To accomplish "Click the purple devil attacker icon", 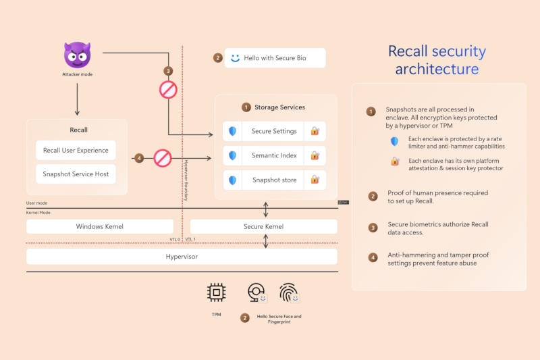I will (77, 55).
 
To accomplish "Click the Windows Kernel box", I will (99, 226).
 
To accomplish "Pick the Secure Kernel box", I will (263, 226).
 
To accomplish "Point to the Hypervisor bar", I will (182, 257).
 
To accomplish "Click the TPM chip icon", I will (216, 292).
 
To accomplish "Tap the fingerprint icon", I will (288, 292).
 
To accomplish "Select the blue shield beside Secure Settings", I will (232, 131).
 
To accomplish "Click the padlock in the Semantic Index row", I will (315, 155).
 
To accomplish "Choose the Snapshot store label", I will (273, 180).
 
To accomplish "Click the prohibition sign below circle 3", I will (167, 89).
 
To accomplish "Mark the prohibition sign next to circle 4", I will (163, 158).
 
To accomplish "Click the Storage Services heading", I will (279, 107).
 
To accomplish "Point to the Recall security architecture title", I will (437, 60).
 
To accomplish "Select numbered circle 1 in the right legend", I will (371, 111).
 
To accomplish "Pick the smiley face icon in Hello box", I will (235, 58).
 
